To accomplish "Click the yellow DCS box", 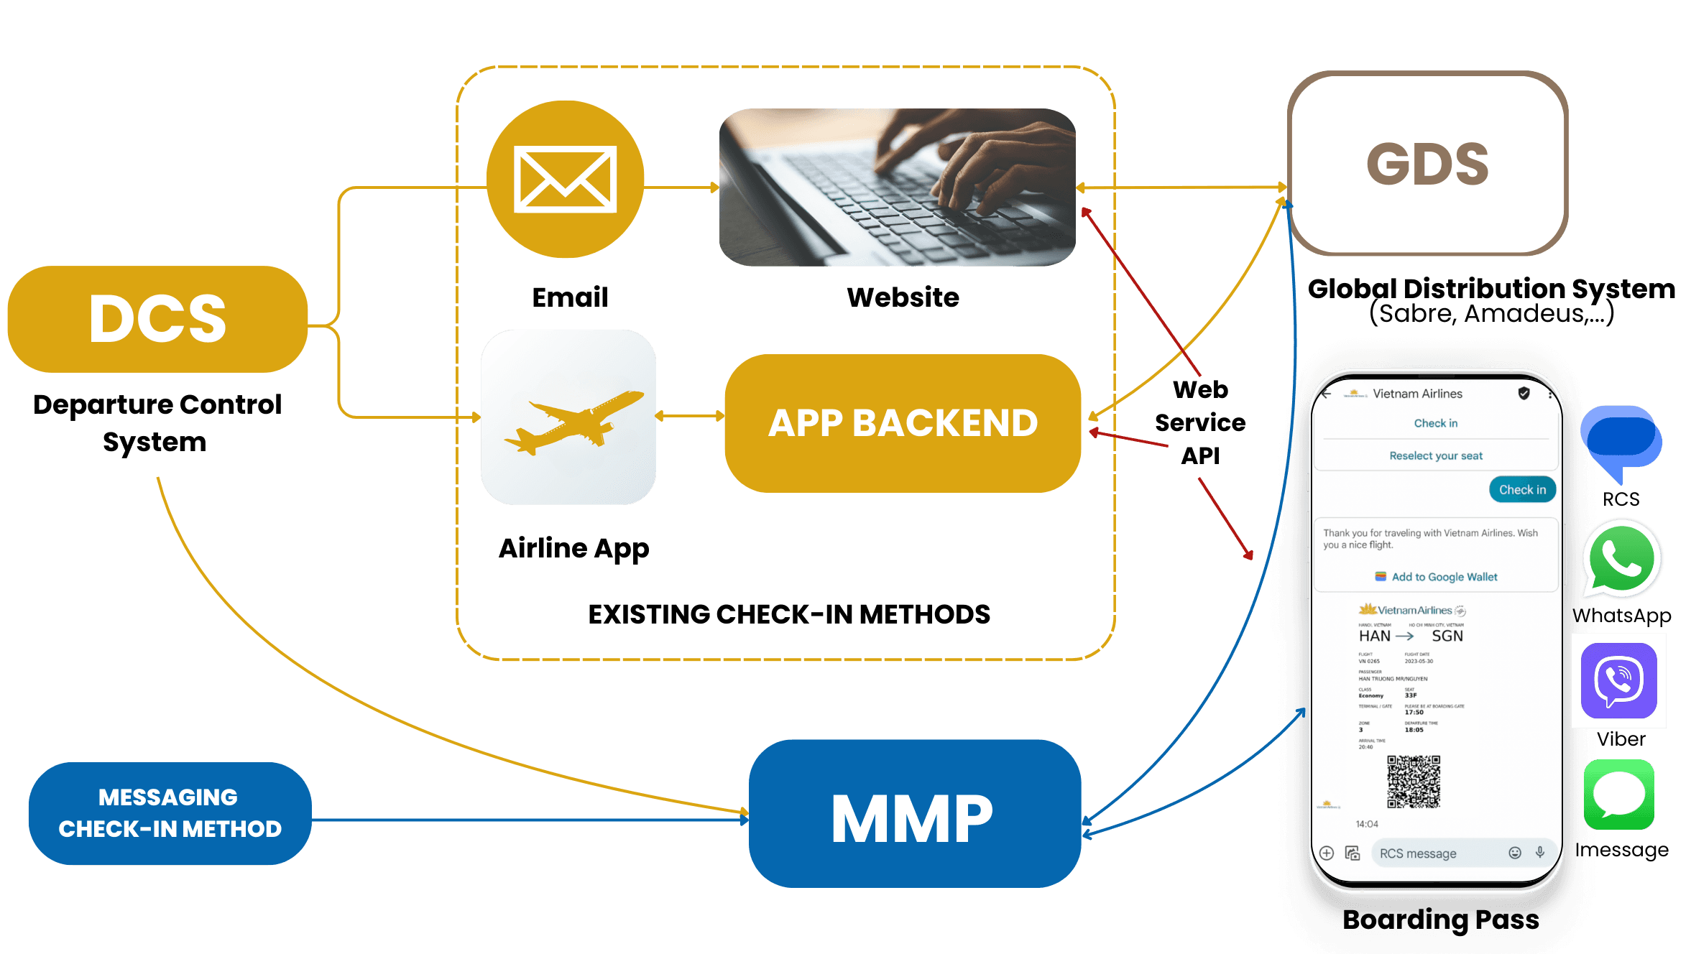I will [x=157, y=319].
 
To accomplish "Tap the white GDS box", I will [x=1427, y=164].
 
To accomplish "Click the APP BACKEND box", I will [x=903, y=423].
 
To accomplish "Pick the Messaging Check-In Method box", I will [x=170, y=813].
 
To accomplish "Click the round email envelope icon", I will [x=565, y=179].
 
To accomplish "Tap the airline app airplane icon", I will [x=568, y=417].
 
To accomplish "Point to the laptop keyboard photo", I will [x=898, y=187].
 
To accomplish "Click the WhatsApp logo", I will [x=1621, y=560].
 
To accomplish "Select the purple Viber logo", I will [x=1618, y=680].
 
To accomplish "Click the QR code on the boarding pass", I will [x=1413, y=782].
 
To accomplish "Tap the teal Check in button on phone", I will [x=1522, y=489].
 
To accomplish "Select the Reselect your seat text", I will [x=1435, y=455].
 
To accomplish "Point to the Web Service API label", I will [x=1200, y=422].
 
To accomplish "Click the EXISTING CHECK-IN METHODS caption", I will [x=789, y=614].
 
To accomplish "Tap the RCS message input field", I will [x=1437, y=853].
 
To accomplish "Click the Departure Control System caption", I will [x=157, y=423].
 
